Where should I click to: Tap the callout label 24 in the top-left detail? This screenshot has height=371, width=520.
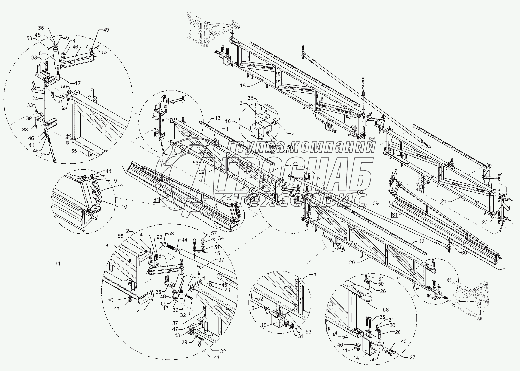tap(35, 98)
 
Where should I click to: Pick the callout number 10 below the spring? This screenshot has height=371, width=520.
tap(124, 207)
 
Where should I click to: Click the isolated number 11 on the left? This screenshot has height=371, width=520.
tap(58, 263)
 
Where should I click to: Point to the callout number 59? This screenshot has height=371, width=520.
tap(375, 203)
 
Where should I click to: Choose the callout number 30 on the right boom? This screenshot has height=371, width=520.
tap(464, 253)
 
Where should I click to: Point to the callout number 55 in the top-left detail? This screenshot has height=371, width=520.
tap(74, 151)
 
